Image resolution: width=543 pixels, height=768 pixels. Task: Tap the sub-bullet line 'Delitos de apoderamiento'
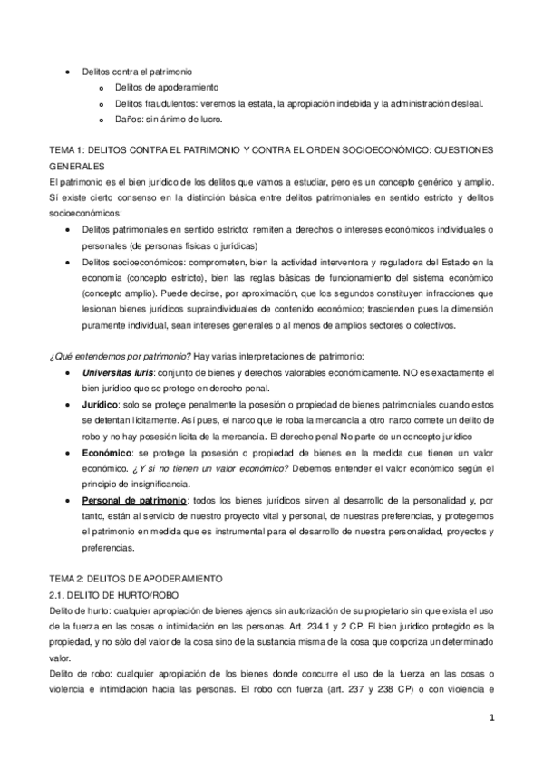167,87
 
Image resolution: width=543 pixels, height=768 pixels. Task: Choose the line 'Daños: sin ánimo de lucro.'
169,119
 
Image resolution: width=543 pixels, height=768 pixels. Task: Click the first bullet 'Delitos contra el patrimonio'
136,71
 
